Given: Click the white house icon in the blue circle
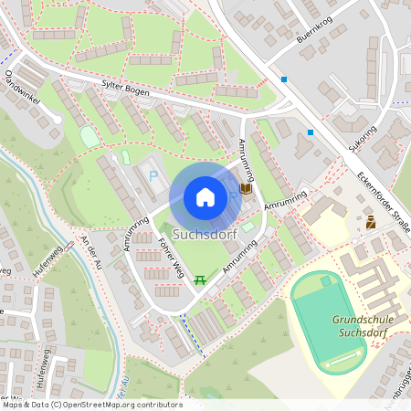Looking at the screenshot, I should point(205,196).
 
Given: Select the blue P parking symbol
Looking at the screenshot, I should point(153,174).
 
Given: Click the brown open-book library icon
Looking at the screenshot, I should point(245,189).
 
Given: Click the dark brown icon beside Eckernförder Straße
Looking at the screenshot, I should point(371,222).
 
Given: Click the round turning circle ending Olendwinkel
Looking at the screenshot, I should point(58,118).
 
